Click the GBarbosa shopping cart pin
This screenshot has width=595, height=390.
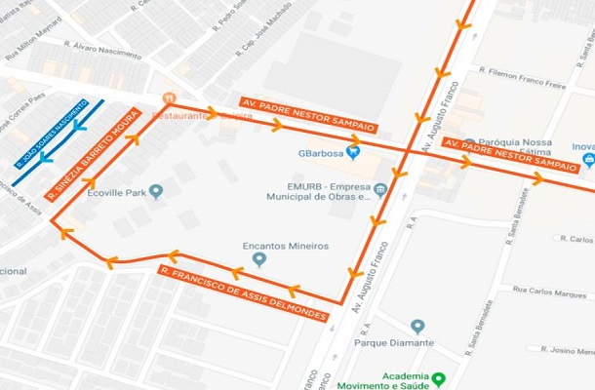[353, 151]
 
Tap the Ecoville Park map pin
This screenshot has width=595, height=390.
[156, 190]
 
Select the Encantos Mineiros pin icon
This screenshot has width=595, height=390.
[258, 258]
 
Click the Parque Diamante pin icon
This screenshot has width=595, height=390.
[417, 326]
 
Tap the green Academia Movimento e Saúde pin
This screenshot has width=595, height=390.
[439, 377]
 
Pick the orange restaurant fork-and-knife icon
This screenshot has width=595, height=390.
[168, 99]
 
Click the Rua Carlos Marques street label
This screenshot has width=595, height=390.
[549, 291]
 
